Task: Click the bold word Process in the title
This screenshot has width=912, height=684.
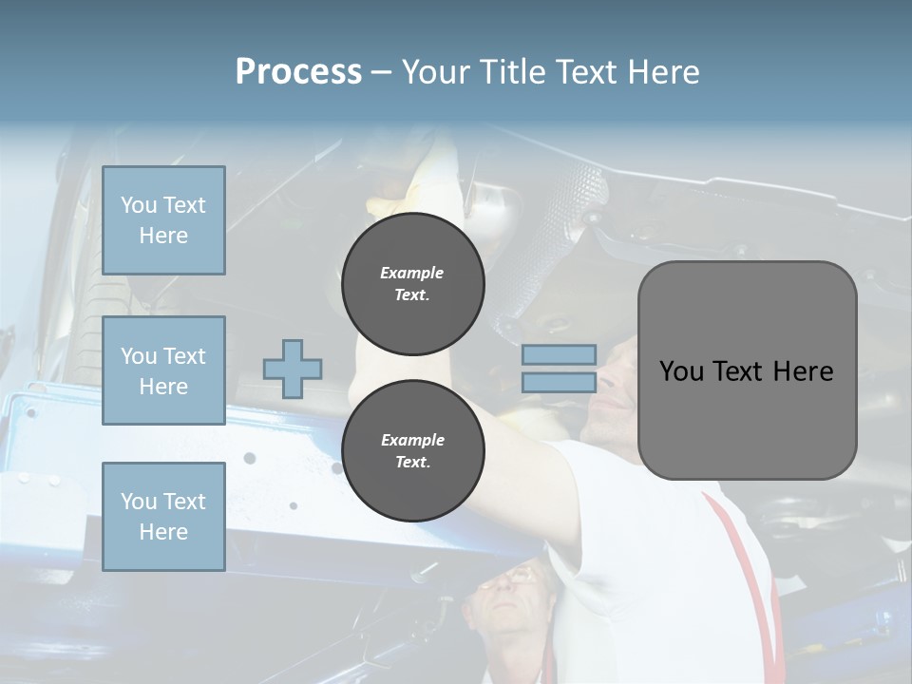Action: click(298, 72)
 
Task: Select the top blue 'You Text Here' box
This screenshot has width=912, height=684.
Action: click(163, 220)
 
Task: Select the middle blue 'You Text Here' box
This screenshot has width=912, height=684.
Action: click(163, 370)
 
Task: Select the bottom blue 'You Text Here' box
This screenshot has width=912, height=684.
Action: click(163, 516)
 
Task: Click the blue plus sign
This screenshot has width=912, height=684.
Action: click(293, 369)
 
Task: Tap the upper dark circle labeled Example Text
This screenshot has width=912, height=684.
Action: click(412, 284)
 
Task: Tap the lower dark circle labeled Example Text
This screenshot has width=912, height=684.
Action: click(412, 450)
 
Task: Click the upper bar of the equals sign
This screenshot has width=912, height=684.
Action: click(559, 354)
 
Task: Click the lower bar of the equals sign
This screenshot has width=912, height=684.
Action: click(559, 382)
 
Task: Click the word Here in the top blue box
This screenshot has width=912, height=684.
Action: click(163, 236)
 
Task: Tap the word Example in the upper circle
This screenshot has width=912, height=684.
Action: click(412, 273)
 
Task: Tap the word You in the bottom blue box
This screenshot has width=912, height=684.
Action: click(139, 501)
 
